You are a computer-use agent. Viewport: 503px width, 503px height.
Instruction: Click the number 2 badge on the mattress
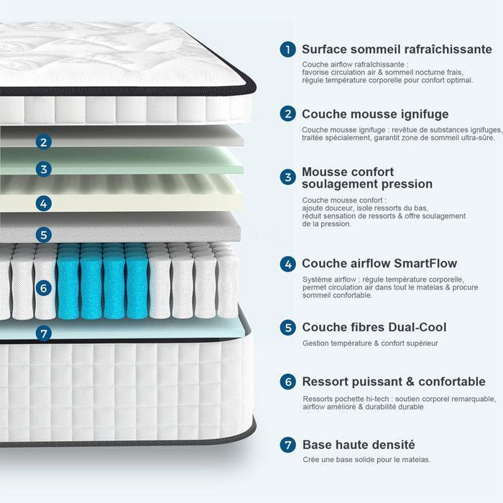(x=44, y=142)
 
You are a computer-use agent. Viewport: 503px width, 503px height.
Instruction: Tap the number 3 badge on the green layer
(x=44, y=169)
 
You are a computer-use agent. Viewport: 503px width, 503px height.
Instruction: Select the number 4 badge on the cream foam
(x=44, y=203)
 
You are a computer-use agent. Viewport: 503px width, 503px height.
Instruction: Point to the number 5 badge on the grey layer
(x=44, y=235)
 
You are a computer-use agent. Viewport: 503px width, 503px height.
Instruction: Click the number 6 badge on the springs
(x=44, y=288)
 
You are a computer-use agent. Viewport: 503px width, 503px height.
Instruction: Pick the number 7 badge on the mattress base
(x=44, y=333)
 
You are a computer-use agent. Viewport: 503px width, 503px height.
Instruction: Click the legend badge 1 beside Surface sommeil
(x=287, y=50)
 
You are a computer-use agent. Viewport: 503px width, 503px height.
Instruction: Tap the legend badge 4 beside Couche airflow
(x=287, y=264)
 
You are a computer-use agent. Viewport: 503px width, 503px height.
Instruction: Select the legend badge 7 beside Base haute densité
(x=287, y=445)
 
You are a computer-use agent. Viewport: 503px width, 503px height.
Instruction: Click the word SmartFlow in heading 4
(x=425, y=264)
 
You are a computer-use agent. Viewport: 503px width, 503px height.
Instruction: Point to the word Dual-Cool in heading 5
(x=417, y=327)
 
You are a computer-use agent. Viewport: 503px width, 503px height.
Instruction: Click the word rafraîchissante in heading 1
(x=448, y=50)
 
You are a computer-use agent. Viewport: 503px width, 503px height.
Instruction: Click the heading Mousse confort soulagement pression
(x=367, y=178)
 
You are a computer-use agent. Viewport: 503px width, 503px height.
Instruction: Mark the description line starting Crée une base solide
(x=366, y=460)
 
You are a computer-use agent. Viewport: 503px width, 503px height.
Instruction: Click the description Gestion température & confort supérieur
(x=370, y=343)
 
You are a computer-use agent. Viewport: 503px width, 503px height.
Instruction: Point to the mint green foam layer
(x=122, y=160)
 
